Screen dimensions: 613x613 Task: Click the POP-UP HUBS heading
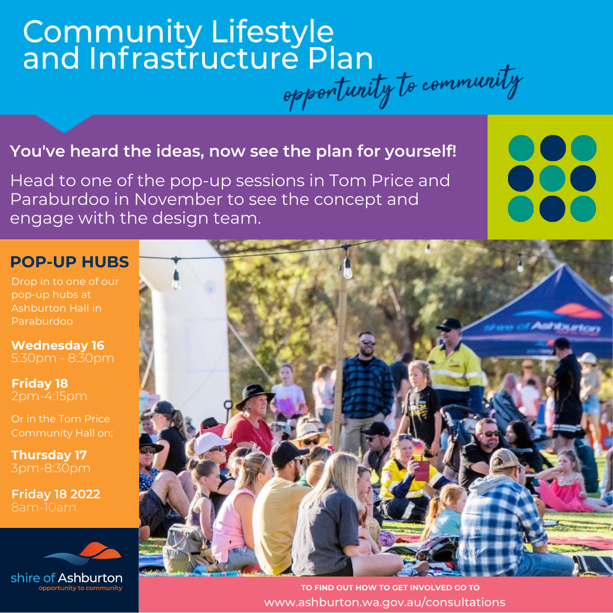tap(70, 262)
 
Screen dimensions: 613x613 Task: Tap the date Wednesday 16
tap(58, 345)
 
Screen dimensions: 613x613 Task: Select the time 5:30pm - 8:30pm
tap(62, 358)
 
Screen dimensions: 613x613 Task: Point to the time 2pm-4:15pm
tap(49, 396)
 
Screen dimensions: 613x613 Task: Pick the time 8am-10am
tap(44, 507)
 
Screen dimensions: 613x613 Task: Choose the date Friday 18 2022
tap(56, 494)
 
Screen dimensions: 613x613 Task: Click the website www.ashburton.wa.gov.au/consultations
tap(384, 602)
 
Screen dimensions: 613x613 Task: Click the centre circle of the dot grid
tap(552, 178)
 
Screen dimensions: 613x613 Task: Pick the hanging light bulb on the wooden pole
tap(347, 269)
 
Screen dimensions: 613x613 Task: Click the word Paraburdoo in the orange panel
tap(43, 321)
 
